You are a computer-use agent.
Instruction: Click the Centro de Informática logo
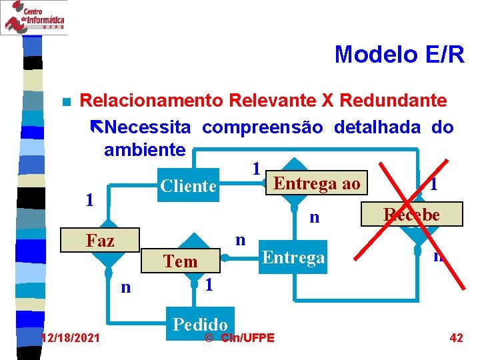[33, 17]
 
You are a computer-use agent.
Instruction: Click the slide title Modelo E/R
[399, 54]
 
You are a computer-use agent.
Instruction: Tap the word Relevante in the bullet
[272, 101]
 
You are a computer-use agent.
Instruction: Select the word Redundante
[393, 101]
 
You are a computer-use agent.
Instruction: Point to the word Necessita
[148, 127]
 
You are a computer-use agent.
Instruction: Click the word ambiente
[144, 149]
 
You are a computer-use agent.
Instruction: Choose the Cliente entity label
[189, 186]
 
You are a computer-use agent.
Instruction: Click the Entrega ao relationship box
[317, 183]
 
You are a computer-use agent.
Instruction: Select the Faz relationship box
[100, 241]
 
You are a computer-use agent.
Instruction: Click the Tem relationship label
[181, 261]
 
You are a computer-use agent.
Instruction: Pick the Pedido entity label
[201, 324]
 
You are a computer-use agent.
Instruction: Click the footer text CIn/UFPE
[246, 338]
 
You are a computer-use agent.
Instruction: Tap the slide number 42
[456, 338]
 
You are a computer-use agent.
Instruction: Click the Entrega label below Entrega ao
[294, 257]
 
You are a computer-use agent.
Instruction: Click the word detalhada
[377, 127]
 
